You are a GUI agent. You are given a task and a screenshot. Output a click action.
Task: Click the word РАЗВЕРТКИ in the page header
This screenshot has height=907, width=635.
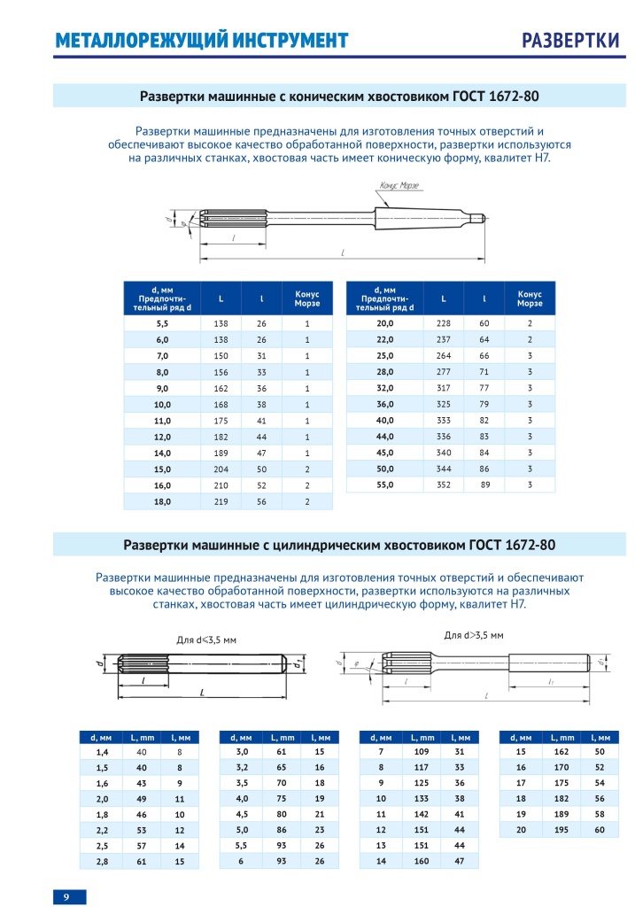point(569,41)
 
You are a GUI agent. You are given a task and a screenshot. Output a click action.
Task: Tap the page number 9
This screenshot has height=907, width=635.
point(66,896)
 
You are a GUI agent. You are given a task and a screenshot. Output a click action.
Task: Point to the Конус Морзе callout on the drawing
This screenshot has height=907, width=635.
point(398,185)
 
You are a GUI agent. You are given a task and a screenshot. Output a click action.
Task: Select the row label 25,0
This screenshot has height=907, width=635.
point(384,355)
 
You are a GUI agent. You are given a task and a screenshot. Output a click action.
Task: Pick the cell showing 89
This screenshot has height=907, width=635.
point(484,485)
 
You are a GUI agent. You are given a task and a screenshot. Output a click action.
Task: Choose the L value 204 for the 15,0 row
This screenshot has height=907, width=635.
point(221,469)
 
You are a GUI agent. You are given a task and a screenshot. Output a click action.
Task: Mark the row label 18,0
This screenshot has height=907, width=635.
point(162,501)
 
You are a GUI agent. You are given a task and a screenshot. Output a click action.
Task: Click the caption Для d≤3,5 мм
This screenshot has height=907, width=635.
point(206,639)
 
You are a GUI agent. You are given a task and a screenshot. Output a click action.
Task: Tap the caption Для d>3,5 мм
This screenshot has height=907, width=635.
point(473,635)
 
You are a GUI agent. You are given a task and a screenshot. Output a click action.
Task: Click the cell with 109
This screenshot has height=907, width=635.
point(422,751)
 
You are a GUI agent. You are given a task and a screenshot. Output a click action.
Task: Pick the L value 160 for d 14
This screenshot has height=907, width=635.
point(422,861)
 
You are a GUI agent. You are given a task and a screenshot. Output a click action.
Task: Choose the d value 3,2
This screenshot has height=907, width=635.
point(241,767)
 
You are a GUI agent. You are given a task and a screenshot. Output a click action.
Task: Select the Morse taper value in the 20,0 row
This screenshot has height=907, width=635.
point(530,323)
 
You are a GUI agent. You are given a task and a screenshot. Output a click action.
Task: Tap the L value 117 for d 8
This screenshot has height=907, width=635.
point(422,767)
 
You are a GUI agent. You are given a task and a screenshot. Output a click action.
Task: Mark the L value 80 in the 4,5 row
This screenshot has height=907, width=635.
point(282,814)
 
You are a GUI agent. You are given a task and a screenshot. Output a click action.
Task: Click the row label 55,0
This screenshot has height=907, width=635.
point(384,485)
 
